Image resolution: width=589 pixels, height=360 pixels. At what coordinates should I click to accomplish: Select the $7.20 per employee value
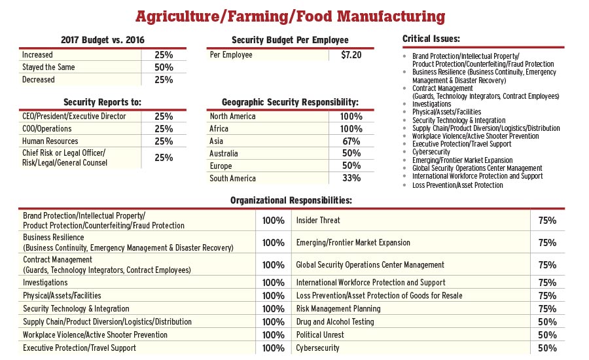click(351, 55)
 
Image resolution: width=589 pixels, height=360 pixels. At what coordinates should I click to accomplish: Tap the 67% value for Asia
click(351, 141)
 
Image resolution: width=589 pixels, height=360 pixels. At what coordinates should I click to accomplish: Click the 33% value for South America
click(351, 178)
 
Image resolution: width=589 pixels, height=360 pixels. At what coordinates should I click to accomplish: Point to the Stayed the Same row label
click(48, 67)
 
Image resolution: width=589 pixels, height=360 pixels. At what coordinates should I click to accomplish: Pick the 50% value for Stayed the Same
click(164, 67)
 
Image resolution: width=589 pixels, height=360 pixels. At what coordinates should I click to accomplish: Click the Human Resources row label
click(50, 141)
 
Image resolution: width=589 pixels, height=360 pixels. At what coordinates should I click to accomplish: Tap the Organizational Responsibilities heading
click(291, 200)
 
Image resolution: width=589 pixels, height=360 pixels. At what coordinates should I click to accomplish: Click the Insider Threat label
click(318, 221)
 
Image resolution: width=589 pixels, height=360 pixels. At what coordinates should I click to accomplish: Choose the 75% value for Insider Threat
click(547, 221)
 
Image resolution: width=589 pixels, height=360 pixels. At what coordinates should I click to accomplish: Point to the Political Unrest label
click(320, 335)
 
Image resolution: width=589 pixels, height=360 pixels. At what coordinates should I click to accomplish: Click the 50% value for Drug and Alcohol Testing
click(547, 322)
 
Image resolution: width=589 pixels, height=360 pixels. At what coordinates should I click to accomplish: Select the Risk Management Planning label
click(338, 309)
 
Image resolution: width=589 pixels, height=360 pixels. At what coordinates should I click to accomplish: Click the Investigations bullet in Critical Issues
click(431, 104)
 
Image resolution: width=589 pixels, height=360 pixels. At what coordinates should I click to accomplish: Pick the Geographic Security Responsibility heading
click(290, 103)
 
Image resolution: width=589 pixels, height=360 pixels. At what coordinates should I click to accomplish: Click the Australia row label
click(226, 153)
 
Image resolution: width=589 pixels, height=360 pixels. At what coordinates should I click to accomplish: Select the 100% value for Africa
click(351, 129)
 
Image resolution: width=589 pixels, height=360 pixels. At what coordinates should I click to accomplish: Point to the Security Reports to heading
click(102, 103)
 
